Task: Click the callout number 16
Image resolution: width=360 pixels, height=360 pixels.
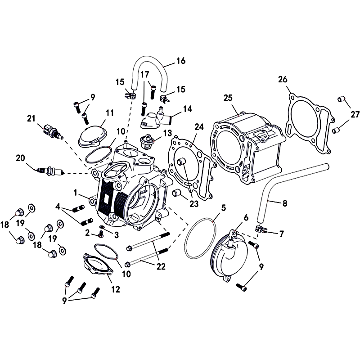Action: coord(181,61)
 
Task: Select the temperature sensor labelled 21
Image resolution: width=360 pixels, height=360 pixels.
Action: coord(53,132)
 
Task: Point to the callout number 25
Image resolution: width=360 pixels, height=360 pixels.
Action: coord(228,98)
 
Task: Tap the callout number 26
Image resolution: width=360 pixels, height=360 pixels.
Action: coord(283,80)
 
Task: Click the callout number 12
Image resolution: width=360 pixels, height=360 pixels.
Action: coord(116,289)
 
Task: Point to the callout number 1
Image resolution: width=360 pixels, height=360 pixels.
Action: coord(75,193)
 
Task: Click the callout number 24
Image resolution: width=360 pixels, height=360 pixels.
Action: coord(199,127)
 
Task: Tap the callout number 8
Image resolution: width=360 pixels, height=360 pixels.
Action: coord(285,203)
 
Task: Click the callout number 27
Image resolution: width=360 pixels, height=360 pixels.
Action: coord(355,114)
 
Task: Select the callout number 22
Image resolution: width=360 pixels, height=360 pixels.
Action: coord(161,266)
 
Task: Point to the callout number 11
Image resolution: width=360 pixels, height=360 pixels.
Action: coord(110,113)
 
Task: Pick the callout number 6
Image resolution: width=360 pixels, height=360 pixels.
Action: coord(246,217)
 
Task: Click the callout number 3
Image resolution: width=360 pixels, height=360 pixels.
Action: coord(117,235)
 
